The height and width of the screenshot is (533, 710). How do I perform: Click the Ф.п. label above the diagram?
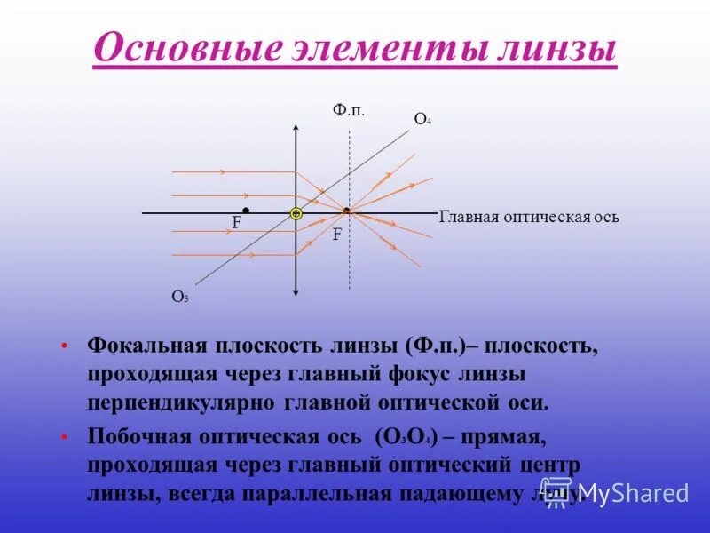[x=349, y=109]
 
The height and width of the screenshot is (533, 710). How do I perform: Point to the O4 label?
[x=422, y=119]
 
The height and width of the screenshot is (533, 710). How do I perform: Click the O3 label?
[x=180, y=298]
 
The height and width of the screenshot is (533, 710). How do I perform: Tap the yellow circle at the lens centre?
[x=296, y=213]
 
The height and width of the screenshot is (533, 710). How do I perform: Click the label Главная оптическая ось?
[x=529, y=217]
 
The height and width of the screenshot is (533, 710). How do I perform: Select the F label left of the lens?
[x=237, y=224]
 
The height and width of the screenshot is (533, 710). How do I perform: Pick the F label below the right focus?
[x=337, y=235]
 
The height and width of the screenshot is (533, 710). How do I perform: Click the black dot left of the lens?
[x=246, y=211]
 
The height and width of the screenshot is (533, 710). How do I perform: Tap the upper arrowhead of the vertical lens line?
[x=296, y=129]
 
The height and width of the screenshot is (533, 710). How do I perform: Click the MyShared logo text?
[x=632, y=493]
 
